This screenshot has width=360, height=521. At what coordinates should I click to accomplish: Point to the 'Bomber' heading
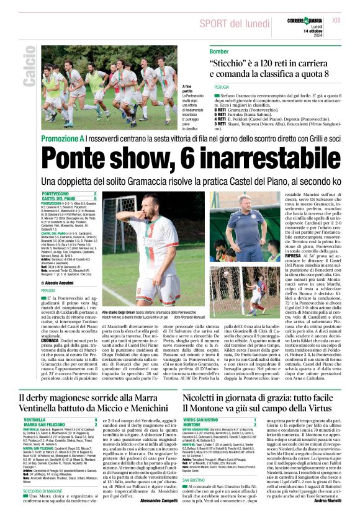pyautogui.click(x=219, y=51)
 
